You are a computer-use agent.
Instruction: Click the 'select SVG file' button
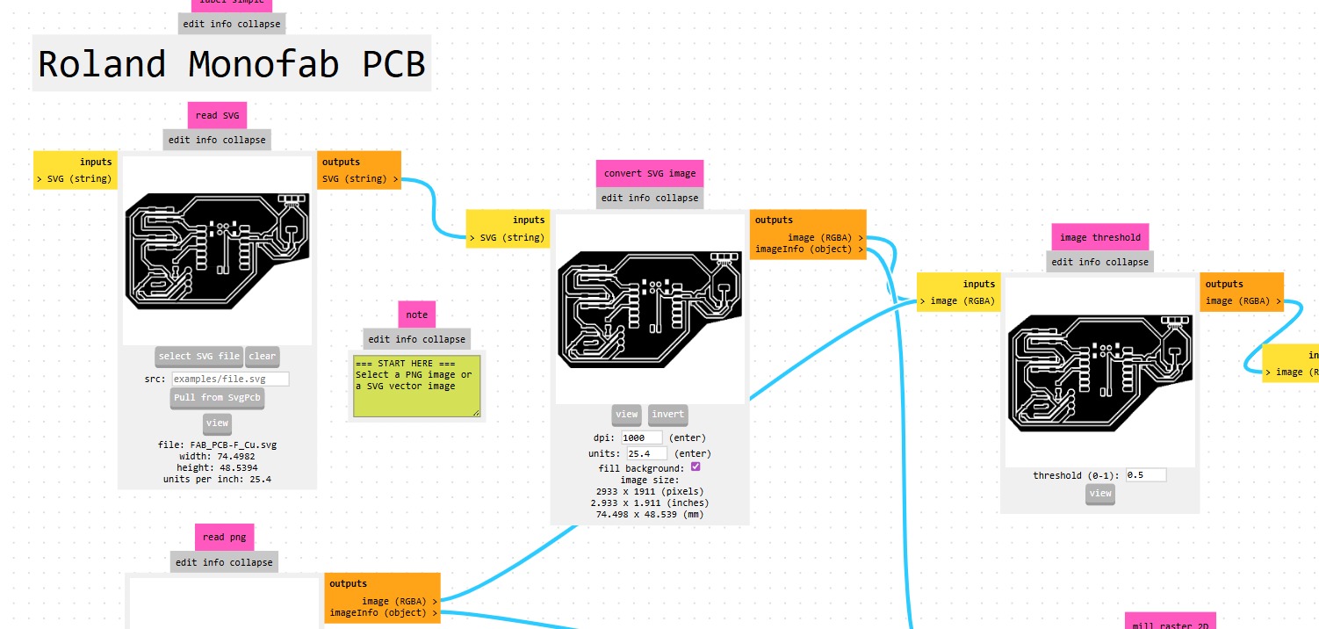198,356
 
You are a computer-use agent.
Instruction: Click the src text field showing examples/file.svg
230,379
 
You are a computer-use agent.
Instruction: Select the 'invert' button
668,415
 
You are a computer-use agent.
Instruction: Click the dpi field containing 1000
642,437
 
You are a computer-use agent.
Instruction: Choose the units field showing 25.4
645,453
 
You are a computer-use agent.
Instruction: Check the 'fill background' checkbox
696,467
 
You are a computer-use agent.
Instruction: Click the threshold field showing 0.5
1146,475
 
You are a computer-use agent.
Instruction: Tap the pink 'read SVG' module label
217,115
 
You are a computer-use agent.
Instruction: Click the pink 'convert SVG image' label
650,173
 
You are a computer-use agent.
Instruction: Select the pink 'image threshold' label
1099,237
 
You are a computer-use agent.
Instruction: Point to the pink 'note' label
417,314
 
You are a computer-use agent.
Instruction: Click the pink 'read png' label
226,537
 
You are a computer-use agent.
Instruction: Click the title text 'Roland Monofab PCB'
232,64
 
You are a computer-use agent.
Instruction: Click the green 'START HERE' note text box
416,386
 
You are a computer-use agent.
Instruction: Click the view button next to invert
627,415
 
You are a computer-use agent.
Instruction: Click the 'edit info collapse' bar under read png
224,562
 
